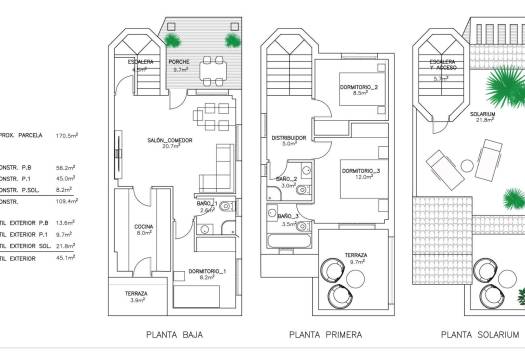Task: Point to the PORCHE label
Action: coord(181,64)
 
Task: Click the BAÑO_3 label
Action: coord(288,218)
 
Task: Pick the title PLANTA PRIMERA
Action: coord(325,334)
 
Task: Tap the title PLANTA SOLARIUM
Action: coord(481,334)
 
